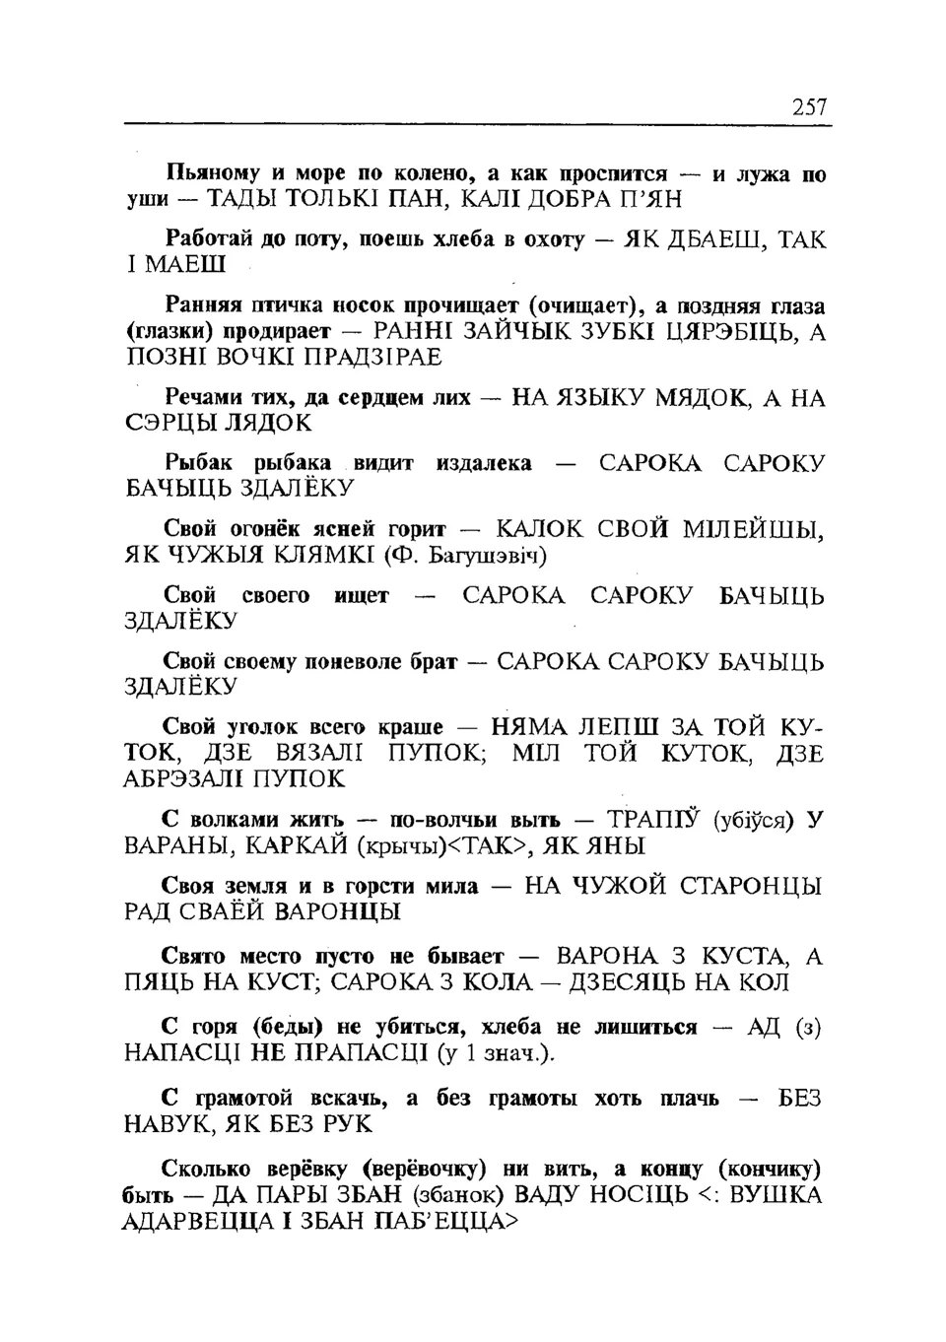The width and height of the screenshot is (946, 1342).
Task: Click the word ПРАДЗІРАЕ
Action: click(373, 358)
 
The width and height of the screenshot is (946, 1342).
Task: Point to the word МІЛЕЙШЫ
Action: click(754, 530)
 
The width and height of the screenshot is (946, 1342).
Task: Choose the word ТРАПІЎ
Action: click(653, 820)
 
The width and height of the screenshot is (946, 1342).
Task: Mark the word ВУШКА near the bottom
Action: click(776, 1196)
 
